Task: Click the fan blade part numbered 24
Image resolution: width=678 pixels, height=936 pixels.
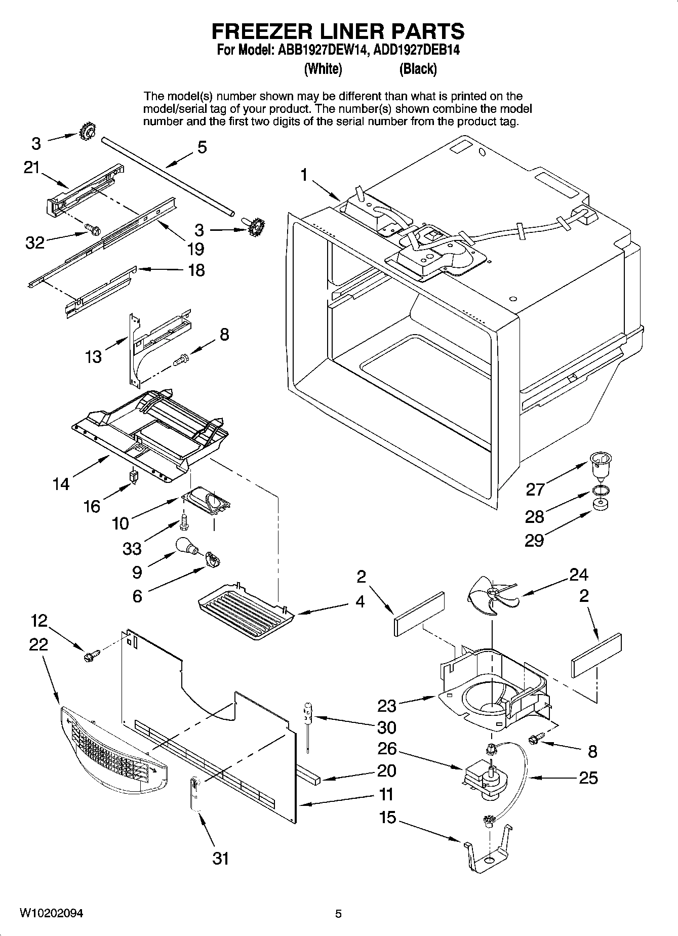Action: tap(491, 595)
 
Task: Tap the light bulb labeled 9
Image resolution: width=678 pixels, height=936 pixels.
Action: tap(184, 547)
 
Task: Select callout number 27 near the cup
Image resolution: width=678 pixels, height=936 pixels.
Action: tap(535, 489)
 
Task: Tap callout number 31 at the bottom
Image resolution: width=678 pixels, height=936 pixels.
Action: tap(220, 858)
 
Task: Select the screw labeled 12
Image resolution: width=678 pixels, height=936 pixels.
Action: tap(91, 656)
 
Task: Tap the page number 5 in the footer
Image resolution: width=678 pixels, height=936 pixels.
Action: tap(338, 914)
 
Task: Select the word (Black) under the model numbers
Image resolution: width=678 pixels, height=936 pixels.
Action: tap(418, 69)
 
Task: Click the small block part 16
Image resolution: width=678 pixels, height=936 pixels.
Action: tap(134, 476)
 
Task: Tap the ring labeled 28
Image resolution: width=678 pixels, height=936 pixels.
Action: tap(600, 490)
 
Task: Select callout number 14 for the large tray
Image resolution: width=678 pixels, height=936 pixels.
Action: tap(61, 484)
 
